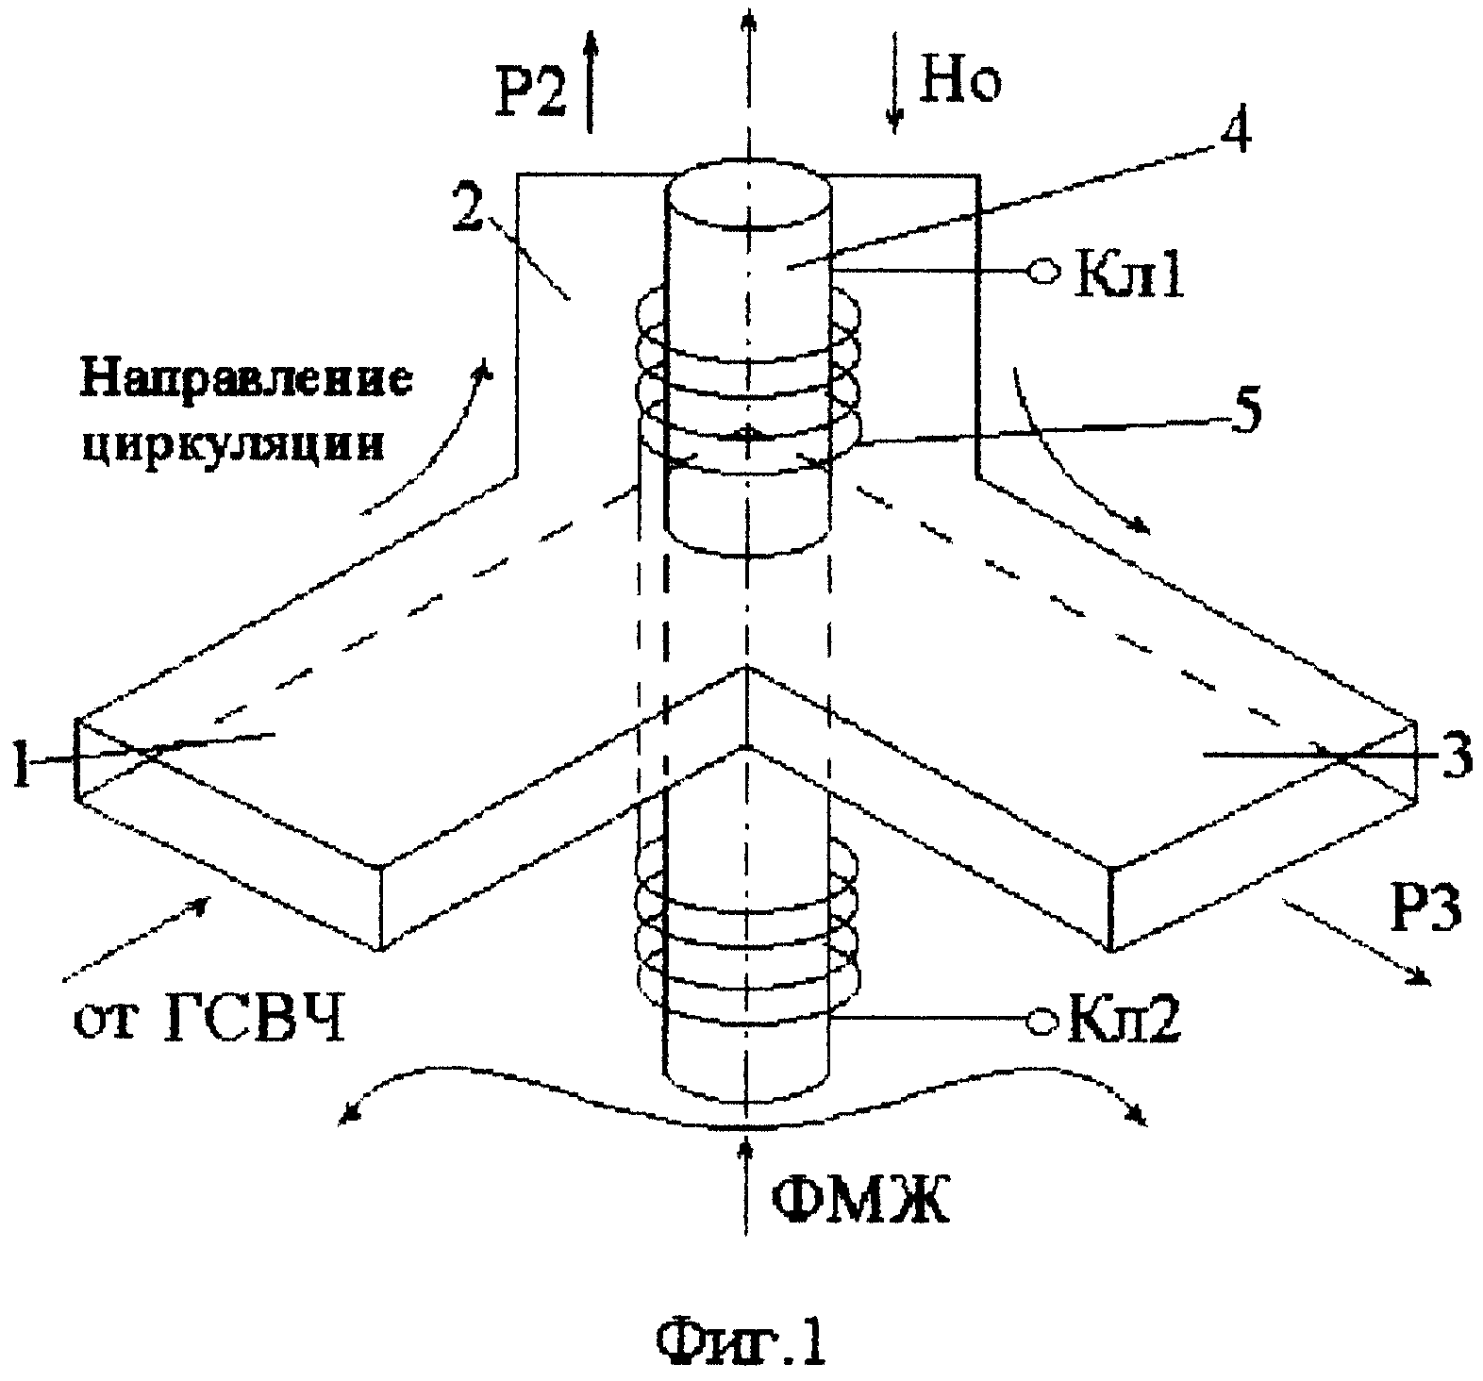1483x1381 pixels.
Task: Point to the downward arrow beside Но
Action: point(894,79)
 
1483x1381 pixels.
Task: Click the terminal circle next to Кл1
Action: point(1044,272)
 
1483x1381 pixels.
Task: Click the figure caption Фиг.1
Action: point(741,1337)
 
